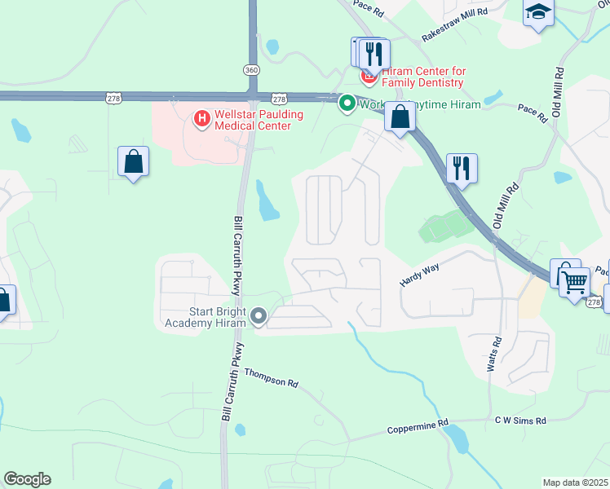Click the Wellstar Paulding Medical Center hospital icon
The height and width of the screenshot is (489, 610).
[201, 120]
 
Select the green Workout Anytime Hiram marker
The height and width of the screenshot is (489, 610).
[347, 104]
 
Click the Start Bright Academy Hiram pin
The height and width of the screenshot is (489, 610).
[259, 315]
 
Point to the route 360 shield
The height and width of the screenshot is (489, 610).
[251, 70]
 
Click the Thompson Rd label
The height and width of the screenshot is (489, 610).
[271, 377]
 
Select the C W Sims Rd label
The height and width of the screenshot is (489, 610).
[519, 421]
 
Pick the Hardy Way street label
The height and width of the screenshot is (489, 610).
[419, 274]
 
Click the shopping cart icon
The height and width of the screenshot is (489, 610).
[576, 283]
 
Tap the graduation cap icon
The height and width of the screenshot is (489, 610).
[539, 12]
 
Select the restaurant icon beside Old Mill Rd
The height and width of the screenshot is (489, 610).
[462, 168]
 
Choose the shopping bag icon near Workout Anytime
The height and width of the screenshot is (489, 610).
[400, 117]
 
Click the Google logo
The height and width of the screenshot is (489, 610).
[27, 479]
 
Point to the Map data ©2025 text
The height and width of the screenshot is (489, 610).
[575, 482]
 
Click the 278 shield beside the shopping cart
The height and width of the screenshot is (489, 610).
[593, 302]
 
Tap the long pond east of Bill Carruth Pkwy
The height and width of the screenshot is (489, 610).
[267, 201]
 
